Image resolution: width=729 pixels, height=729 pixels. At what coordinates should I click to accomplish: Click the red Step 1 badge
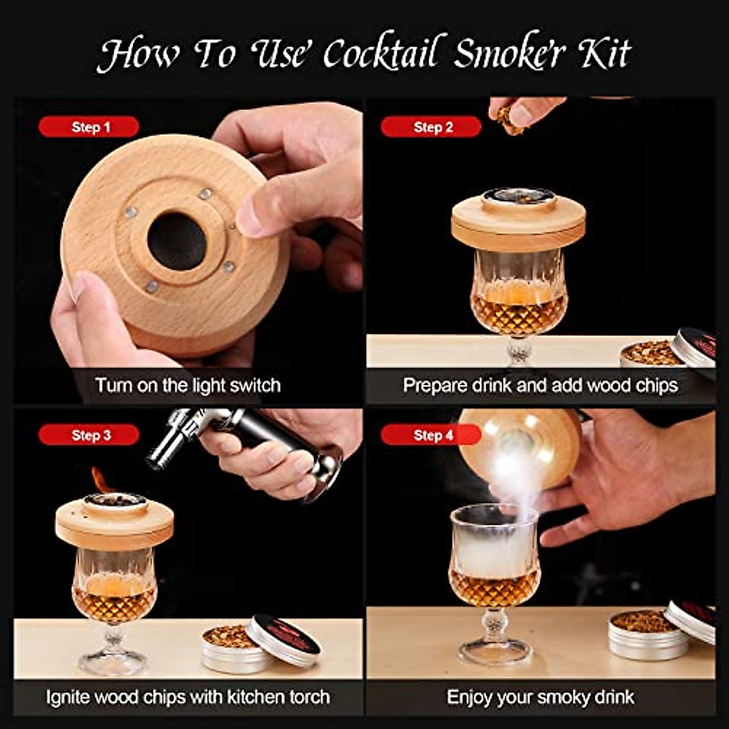tap(89, 127)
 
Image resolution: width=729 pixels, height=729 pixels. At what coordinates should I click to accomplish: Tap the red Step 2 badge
tap(431, 127)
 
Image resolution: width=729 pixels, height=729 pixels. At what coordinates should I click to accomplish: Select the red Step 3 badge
tap(89, 435)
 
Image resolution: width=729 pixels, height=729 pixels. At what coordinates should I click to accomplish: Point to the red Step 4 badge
tap(431, 435)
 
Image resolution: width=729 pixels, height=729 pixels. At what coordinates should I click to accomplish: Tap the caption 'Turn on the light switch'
tap(187, 385)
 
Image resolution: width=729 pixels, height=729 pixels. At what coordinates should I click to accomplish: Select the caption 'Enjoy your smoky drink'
tap(540, 696)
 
